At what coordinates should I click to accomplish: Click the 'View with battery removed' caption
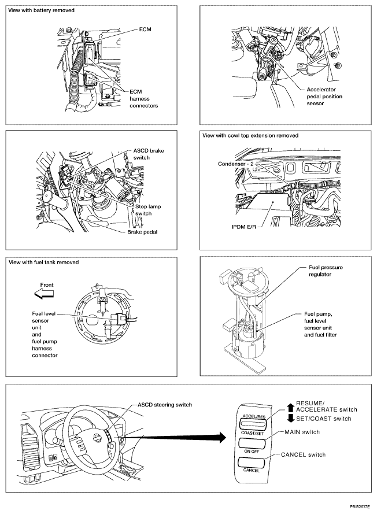coord(41,11)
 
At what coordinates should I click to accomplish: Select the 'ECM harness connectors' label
coord(143,98)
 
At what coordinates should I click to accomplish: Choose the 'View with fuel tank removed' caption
coord(43,262)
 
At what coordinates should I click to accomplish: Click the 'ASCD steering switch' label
coord(164,405)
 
